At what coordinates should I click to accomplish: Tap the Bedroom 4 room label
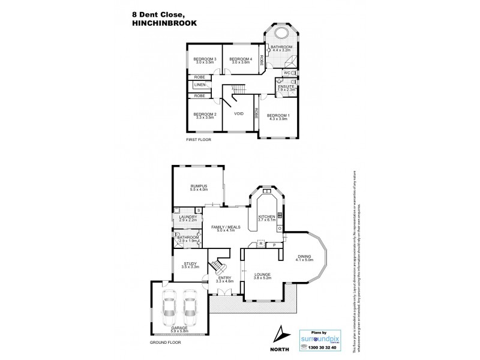pos(241,58)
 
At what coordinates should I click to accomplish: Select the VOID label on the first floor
pos(238,114)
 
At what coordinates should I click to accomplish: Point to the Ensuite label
pos(286,86)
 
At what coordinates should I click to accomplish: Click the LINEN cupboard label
pos(199,86)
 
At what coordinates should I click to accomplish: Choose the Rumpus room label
pos(199,187)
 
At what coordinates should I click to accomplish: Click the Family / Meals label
pos(224,227)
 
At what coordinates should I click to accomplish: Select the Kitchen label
pos(266,216)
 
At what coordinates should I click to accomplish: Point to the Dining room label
pos(304,256)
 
